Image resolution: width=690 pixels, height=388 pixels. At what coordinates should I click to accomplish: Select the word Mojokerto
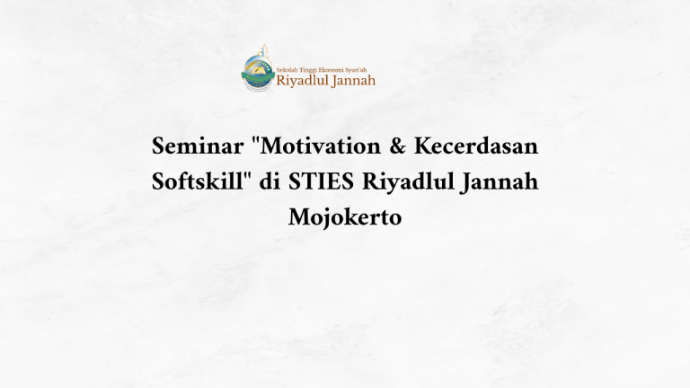click(345, 216)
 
